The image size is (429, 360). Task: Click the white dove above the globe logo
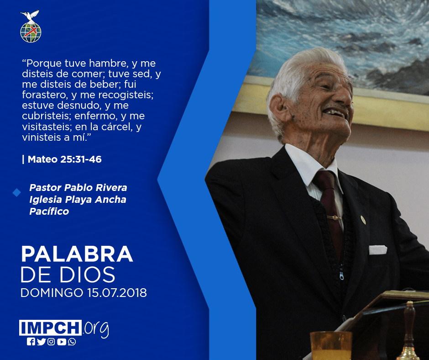pyautogui.click(x=30, y=16)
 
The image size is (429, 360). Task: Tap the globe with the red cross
pyautogui.click(x=31, y=32)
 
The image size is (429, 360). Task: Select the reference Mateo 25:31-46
pyautogui.click(x=64, y=159)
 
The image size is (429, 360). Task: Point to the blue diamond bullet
pyautogui.click(x=17, y=192)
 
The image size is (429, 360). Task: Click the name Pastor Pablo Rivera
pyautogui.click(x=78, y=188)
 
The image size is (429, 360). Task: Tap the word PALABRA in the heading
pyautogui.click(x=77, y=254)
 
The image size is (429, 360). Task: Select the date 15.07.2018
pyautogui.click(x=117, y=292)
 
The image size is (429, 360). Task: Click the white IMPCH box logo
pyautogui.click(x=50, y=328)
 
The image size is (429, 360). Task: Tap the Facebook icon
pyautogui.click(x=31, y=342)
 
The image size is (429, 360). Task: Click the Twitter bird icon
pyautogui.click(x=42, y=342)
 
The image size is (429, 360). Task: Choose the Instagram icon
pyautogui.click(x=51, y=342)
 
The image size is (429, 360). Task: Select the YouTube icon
pyautogui.click(x=62, y=342)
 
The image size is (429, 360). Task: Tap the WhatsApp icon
pyautogui.click(x=72, y=342)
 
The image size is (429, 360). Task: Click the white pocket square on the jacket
pyautogui.click(x=378, y=249)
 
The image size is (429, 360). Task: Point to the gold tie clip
pyautogui.click(x=335, y=218)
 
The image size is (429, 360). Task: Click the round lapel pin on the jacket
pyautogui.click(x=363, y=219)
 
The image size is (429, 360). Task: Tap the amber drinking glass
pyautogui.click(x=331, y=345)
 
